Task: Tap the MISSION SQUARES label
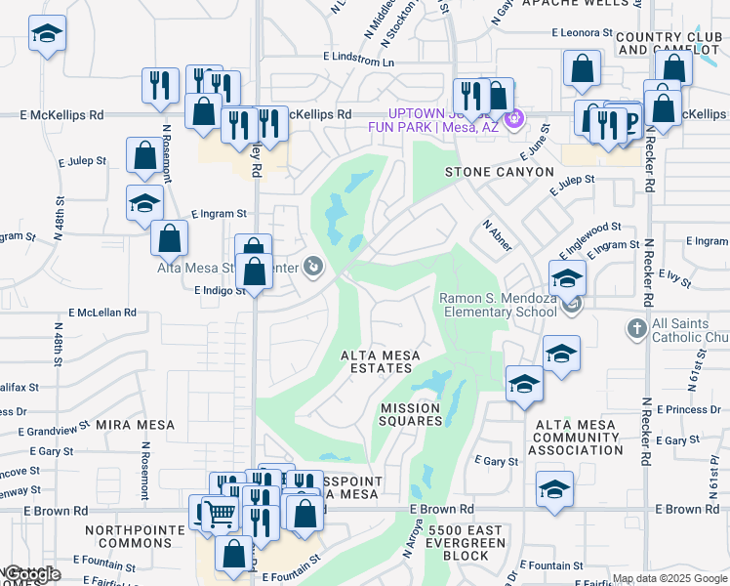coord(418,414)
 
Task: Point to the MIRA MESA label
coord(135,425)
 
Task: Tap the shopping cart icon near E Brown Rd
coord(222,512)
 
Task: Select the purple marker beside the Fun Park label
coord(516,120)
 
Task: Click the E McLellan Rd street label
coord(96,313)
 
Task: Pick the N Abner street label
coord(497,235)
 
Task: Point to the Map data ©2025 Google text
coord(669,579)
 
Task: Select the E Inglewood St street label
coord(589,239)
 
